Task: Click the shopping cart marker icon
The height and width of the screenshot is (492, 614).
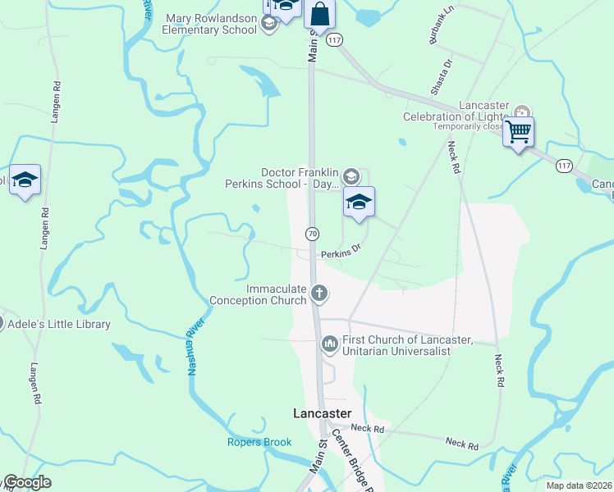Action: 518,131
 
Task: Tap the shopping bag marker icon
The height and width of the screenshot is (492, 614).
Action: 319,14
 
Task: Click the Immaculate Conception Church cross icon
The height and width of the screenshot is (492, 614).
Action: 320,293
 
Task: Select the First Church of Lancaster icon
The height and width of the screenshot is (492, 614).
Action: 329,343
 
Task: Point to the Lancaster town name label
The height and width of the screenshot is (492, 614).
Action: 323,412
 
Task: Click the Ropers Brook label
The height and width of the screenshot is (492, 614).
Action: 259,443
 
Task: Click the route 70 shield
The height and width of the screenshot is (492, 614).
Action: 312,234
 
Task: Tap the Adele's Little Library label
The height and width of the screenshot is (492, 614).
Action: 58,324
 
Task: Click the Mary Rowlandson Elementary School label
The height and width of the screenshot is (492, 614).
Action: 210,24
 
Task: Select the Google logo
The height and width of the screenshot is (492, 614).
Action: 26,482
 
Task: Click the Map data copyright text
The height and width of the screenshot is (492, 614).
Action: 579,485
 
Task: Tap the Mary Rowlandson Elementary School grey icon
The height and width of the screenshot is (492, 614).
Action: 268,24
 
